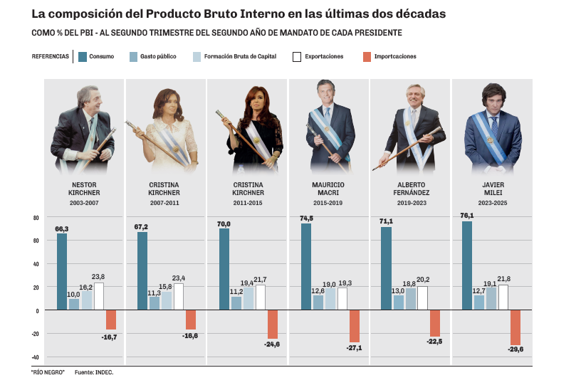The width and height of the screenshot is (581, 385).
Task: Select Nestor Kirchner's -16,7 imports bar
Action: pyautogui.click(x=110, y=320)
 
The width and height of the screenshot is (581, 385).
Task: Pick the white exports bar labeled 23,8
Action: pyautogui.click(x=98, y=296)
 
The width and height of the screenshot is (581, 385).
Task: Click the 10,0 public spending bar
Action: pyautogui.click(x=74, y=304)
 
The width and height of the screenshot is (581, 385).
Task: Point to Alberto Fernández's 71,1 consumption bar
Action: pyautogui.click(x=386, y=268)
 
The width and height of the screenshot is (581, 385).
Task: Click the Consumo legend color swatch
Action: pyautogui.click(x=83, y=56)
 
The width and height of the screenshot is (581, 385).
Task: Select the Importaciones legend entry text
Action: pyautogui.click(x=395, y=56)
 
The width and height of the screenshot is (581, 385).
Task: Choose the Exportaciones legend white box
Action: pyautogui.click(x=297, y=56)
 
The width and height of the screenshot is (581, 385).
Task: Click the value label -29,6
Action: pyautogui.click(x=516, y=349)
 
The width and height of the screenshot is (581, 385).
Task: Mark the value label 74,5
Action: pyautogui.click(x=306, y=218)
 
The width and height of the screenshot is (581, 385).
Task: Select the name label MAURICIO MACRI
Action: pyautogui.click(x=328, y=189)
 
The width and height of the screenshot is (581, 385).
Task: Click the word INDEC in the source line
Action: pyautogui.click(x=104, y=371)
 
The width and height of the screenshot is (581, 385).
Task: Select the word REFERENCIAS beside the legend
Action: pyautogui.click(x=51, y=56)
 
